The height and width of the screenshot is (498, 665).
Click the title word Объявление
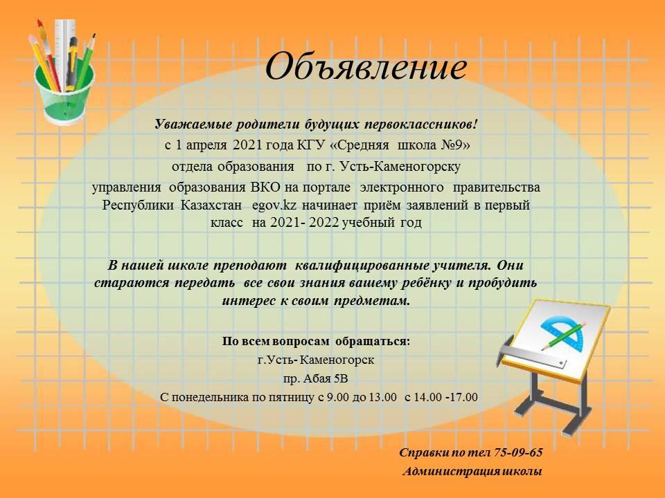366,66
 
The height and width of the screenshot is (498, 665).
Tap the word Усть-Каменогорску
400,167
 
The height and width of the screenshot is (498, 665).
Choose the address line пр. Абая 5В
316,378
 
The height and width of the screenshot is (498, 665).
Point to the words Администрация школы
472,471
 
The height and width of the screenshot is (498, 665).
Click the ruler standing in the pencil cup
65,53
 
